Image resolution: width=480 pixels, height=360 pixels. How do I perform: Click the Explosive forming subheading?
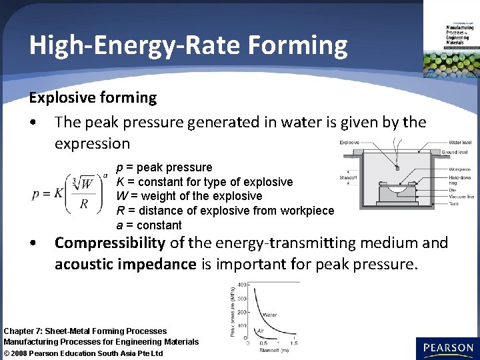(92, 98)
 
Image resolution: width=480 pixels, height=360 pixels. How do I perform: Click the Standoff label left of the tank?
(349, 178)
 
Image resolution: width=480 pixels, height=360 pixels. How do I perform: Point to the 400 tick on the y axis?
(242, 285)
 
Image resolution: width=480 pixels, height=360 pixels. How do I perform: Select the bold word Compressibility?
(109, 243)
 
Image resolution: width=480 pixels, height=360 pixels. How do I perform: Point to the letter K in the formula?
(58, 193)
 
